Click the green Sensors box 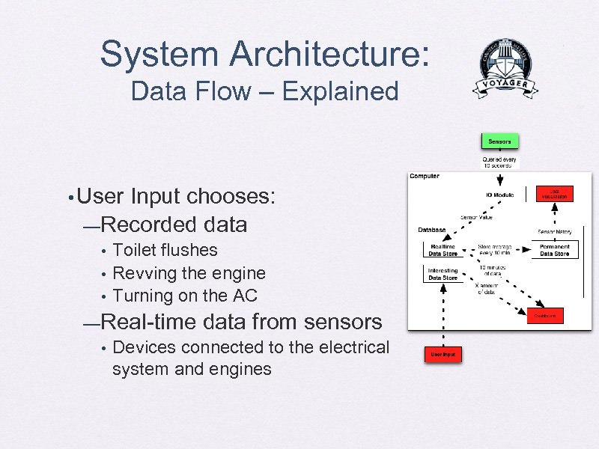pyautogui.click(x=499, y=141)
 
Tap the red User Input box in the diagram pyautogui.click(x=443, y=353)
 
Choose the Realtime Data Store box pyautogui.click(x=443, y=250)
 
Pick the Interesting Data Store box pyautogui.click(x=443, y=274)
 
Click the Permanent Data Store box pyautogui.click(x=555, y=250)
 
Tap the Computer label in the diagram pyautogui.click(x=425, y=177)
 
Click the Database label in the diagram pyautogui.click(x=432, y=230)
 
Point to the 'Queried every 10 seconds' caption pyautogui.click(x=499, y=162)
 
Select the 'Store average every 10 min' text pyautogui.click(x=495, y=250)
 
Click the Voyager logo pyautogui.click(x=505, y=69)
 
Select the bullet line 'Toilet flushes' pyautogui.click(x=165, y=250)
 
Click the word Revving pyautogui.click(x=143, y=273)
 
